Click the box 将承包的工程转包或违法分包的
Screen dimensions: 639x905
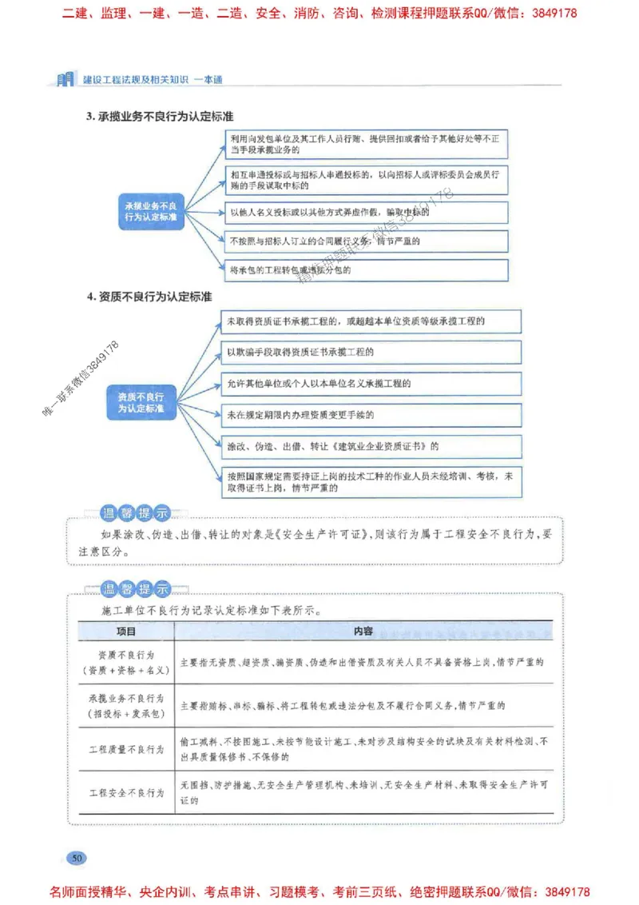[366, 270]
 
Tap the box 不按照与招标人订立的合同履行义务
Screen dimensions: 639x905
[366, 241]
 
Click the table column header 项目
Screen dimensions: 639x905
[126, 632]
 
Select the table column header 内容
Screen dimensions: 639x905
[363, 632]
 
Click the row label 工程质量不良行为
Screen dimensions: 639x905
[126, 749]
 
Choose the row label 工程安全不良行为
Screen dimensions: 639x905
[126, 793]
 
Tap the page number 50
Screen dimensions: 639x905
[77, 858]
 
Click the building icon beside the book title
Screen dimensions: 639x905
[64, 79]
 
